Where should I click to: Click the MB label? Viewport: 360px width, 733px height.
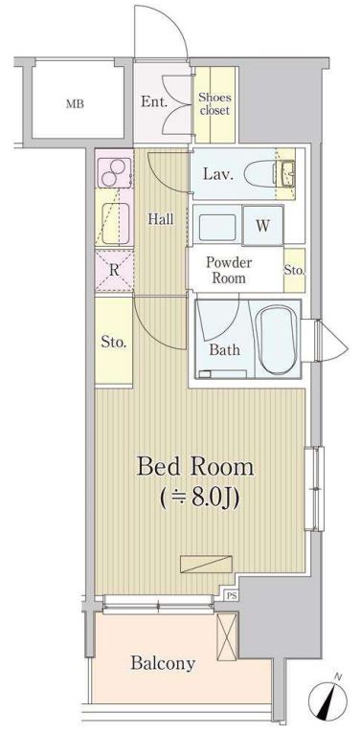tap(75, 103)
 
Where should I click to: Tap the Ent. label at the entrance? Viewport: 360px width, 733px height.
tap(154, 102)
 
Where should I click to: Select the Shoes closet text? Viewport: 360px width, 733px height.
tap(214, 104)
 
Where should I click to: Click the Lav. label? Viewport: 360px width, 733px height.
tap(217, 174)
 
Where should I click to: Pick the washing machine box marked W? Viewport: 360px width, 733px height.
tap(262, 225)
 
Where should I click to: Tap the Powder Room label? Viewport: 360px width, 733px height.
tap(229, 270)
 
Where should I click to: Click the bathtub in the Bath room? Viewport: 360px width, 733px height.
tap(277, 339)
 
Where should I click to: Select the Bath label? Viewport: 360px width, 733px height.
tap(225, 349)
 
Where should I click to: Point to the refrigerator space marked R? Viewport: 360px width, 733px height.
tap(114, 270)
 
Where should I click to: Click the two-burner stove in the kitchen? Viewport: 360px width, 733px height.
tap(114, 171)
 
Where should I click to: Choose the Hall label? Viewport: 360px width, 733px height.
tap(161, 218)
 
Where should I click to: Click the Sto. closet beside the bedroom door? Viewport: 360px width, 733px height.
tap(114, 342)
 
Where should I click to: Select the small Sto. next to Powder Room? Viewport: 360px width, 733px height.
tap(295, 270)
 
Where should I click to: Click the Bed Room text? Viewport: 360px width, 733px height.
tap(195, 467)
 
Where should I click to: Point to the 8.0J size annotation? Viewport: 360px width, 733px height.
tap(200, 498)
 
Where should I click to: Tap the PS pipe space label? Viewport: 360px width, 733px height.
tap(232, 595)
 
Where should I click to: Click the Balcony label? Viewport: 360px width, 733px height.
tap(163, 663)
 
